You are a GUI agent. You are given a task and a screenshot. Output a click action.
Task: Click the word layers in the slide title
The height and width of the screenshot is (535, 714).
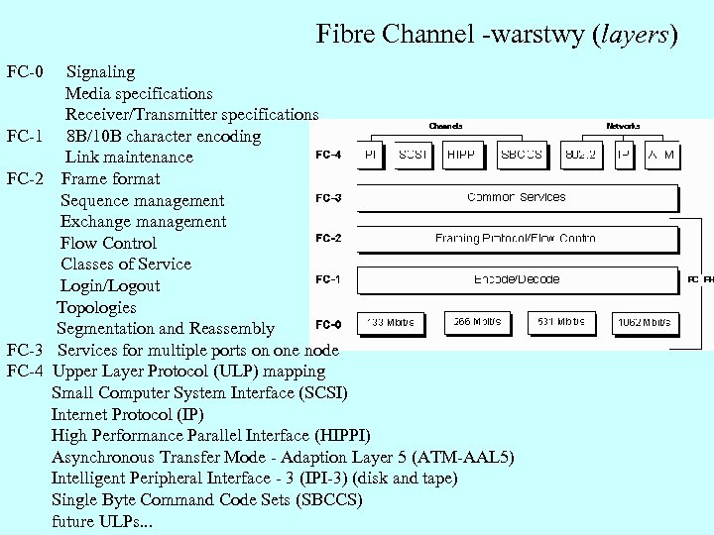click(x=633, y=35)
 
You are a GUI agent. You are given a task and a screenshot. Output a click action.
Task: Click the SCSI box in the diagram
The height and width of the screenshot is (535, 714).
click(x=413, y=156)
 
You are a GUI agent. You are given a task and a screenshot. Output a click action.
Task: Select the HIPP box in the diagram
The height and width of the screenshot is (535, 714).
click(x=460, y=156)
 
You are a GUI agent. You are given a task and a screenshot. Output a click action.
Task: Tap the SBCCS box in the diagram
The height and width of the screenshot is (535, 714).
click(x=521, y=156)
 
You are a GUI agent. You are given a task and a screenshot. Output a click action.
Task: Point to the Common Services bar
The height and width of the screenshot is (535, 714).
click(x=516, y=197)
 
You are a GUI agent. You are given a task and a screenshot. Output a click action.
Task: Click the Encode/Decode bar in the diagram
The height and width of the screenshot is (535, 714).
click(x=516, y=279)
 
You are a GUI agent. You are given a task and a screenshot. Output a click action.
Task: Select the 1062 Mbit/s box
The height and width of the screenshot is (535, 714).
click(x=644, y=323)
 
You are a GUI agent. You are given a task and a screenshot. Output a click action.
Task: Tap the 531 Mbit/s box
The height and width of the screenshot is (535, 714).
click(x=561, y=323)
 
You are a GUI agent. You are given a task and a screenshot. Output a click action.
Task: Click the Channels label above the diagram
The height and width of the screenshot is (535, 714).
click(x=445, y=127)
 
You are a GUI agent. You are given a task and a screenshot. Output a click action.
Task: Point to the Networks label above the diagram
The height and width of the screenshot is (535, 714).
click(x=623, y=127)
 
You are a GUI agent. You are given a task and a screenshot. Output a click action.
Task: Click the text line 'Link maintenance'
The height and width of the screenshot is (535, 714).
click(x=129, y=158)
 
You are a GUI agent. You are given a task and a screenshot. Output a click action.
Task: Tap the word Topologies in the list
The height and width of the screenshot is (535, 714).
click(x=96, y=307)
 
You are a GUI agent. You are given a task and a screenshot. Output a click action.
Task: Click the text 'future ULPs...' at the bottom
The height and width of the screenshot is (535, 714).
click(x=100, y=521)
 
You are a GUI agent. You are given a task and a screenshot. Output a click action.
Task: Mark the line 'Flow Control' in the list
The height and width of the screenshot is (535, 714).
click(x=108, y=243)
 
